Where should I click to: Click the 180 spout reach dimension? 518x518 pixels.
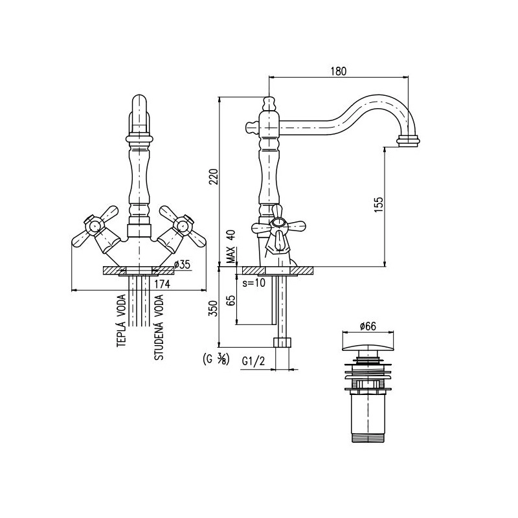click(x=339, y=71)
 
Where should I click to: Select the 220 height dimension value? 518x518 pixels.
click(x=214, y=177)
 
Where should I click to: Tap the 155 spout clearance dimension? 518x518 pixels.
click(x=379, y=205)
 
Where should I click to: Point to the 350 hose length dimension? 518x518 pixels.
click(x=214, y=309)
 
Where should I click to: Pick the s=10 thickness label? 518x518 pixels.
click(x=254, y=283)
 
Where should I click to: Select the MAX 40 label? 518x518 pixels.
click(x=232, y=246)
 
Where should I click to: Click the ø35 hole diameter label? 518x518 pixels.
click(x=182, y=264)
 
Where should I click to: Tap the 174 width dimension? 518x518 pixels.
click(x=162, y=284)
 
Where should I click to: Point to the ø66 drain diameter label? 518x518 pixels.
click(x=368, y=326)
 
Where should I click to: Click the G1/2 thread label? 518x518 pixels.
click(x=254, y=361)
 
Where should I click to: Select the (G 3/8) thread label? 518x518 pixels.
click(x=215, y=359)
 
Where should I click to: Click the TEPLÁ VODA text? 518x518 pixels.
click(x=122, y=321)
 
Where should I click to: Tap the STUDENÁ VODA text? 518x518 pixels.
click(x=159, y=327)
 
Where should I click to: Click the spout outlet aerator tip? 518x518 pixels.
click(x=409, y=141)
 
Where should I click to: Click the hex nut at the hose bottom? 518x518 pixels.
click(x=283, y=342)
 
